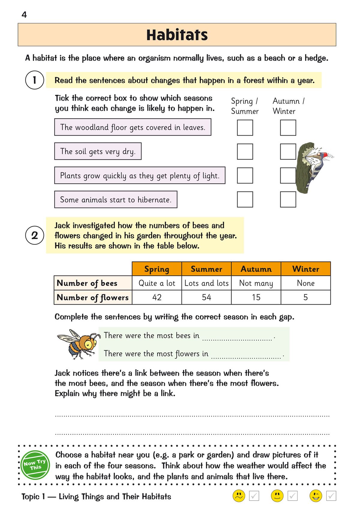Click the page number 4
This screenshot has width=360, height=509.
click(24, 15)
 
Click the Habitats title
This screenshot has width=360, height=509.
click(177, 35)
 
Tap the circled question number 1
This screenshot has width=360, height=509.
click(34, 80)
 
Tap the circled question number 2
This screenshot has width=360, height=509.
click(34, 235)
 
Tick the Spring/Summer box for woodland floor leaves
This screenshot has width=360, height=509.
click(245, 128)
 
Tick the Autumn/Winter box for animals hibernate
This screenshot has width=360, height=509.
click(288, 199)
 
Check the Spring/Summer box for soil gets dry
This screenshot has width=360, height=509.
click(245, 151)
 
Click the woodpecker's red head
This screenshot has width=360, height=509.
click(324, 155)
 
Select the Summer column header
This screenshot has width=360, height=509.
click(206, 269)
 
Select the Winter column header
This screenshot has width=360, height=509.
click(306, 269)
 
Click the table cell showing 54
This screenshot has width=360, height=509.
click(206, 297)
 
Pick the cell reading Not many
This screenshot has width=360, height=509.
click(256, 283)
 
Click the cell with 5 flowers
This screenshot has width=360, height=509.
click(306, 297)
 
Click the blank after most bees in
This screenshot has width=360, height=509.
click(237, 337)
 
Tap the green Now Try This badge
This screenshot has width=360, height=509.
click(35, 465)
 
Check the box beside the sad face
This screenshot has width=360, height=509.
click(254, 496)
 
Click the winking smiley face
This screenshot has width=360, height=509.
click(316, 496)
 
